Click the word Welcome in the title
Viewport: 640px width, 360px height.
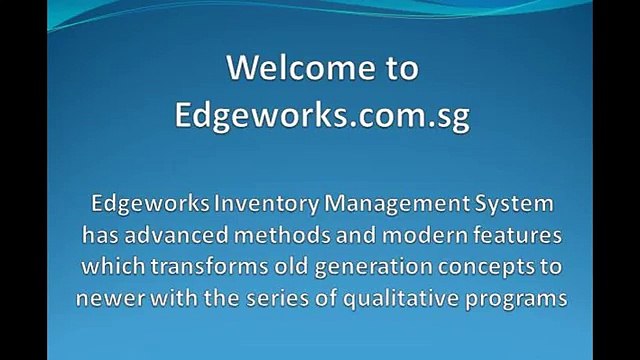(x=287, y=69)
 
